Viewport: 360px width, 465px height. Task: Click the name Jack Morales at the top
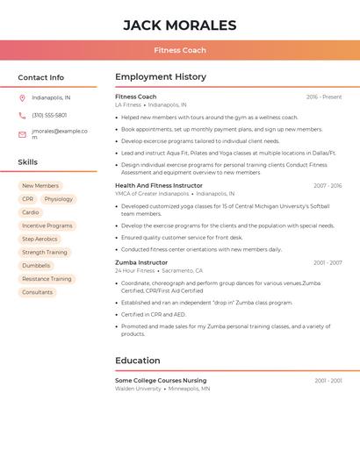click(180, 25)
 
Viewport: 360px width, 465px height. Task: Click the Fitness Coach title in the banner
click(180, 50)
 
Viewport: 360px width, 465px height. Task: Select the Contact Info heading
click(40, 77)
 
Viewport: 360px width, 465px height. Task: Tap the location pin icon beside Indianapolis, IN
click(22, 98)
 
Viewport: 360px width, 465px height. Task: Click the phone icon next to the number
click(22, 116)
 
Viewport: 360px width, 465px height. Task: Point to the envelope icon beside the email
click(22, 134)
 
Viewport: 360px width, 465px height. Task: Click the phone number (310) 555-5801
click(49, 116)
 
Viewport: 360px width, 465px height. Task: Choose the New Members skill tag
click(40, 186)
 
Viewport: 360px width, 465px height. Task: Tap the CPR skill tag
click(28, 199)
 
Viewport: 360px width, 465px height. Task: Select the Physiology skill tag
click(59, 199)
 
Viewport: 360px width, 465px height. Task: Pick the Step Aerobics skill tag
click(40, 239)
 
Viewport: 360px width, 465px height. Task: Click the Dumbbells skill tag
click(36, 265)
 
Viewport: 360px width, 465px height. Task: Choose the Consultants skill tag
click(37, 292)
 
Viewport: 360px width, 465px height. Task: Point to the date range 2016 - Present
click(324, 97)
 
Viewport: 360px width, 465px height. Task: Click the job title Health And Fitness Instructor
click(159, 186)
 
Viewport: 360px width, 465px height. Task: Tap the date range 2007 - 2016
click(328, 186)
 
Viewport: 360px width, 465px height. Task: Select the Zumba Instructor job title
click(141, 262)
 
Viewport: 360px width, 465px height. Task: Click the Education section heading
click(138, 361)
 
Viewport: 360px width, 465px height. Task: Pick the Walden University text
click(138, 388)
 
